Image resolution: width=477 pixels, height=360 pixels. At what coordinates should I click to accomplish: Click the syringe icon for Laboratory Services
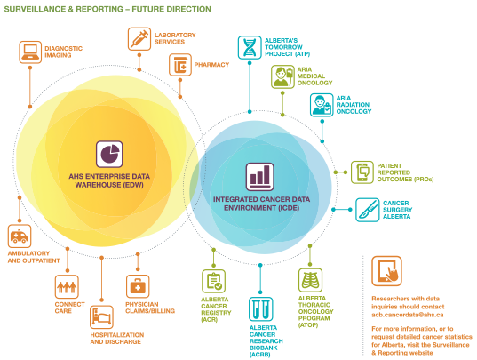click(139, 38)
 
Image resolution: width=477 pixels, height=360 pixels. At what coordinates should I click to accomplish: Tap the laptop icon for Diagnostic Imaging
click(30, 52)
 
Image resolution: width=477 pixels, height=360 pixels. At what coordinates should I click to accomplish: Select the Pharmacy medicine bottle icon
click(180, 65)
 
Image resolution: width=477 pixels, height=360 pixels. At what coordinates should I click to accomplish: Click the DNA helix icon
click(250, 47)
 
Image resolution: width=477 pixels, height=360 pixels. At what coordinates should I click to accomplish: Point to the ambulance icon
click(20, 236)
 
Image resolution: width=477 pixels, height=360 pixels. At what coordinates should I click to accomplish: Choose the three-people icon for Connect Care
click(67, 287)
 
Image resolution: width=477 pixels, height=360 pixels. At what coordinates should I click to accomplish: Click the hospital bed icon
click(101, 317)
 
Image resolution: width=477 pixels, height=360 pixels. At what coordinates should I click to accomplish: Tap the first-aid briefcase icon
click(138, 286)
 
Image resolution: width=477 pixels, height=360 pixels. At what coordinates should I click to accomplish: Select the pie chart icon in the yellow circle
click(109, 154)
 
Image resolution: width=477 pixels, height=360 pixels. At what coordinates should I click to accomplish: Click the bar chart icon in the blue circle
click(260, 177)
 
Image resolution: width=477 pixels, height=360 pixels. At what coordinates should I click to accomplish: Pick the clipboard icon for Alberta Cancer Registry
click(213, 281)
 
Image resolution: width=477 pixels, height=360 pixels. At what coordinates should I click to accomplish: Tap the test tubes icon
click(261, 309)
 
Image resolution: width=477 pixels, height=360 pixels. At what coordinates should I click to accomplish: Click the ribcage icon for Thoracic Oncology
click(310, 280)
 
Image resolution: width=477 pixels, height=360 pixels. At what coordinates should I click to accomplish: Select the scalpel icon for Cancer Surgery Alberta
click(368, 210)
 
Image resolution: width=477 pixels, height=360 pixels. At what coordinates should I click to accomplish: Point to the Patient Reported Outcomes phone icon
click(362, 172)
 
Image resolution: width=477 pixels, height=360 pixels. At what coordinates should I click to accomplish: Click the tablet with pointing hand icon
click(386, 271)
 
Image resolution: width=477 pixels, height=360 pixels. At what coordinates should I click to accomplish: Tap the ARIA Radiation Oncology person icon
click(322, 105)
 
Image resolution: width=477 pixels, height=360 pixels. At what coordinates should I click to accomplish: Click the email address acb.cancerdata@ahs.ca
click(408, 315)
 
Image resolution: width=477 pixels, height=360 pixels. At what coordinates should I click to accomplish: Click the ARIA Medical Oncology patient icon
click(283, 76)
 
